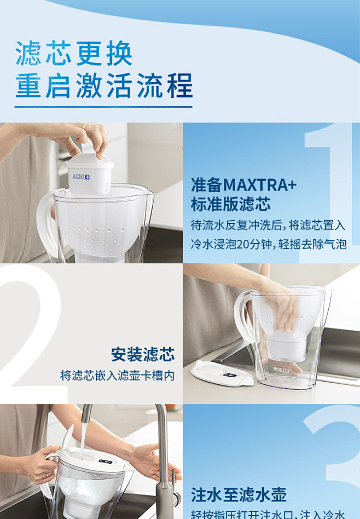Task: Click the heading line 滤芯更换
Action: [x=74, y=54]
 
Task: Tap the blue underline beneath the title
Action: [x=104, y=106]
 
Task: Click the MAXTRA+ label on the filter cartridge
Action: [x=81, y=177]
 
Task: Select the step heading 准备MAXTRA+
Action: [x=243, y=184]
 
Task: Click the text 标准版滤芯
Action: [x=230, y=205]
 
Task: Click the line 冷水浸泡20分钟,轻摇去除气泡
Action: [x=269, y=244]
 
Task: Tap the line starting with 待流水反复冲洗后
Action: [x=268, y=225]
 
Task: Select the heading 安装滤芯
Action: [x=143, y=355]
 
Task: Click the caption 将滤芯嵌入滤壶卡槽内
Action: [x=117, y=376]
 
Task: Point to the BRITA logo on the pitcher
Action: [x=282, y=370]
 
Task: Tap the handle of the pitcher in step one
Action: [x=45, y=224]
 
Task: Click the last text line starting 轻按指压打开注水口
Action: [x=268, y=515]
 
